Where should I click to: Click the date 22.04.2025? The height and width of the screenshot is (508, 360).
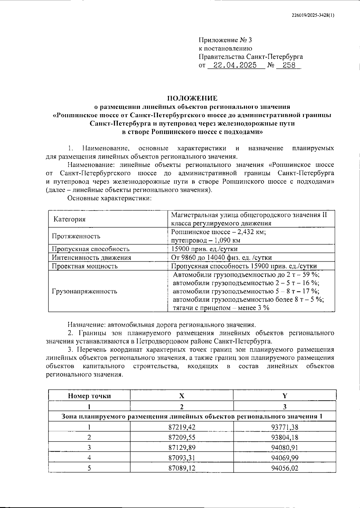[x=236, y=65]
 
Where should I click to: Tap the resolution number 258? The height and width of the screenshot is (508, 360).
[x=289, y=65]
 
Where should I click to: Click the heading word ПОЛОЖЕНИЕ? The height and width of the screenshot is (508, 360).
[x=192, y=98]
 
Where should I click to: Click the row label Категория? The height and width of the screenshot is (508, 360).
[x=70, y=219]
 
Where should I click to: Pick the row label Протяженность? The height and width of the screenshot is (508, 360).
[x=76, y=236]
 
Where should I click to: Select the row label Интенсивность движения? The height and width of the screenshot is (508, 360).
[x=91, y=257]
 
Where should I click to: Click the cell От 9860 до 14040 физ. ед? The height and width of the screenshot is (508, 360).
[x=221, y=257]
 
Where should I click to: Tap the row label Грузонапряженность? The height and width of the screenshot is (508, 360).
[x=84, y=291]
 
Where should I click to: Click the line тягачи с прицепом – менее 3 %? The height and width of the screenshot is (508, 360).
[x=221, y=308]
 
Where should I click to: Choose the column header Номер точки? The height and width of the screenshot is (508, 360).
[x=89, y=396]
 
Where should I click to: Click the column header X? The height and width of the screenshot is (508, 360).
[x=182, y=396]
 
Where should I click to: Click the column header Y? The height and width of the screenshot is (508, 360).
[x=285, y=396]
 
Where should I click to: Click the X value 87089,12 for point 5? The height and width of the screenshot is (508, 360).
[x=182, y=468]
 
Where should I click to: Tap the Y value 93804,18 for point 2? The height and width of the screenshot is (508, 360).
[x=285, y=437]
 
